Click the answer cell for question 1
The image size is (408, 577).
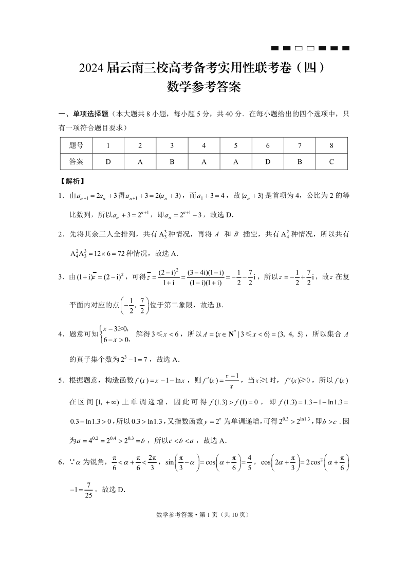[x=108, y=161]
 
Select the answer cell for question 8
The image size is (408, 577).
[x=331, y=161]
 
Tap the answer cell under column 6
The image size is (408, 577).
[x=268, y=161]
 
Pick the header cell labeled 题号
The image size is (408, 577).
[x=76, y=145]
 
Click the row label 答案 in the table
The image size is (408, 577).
[x=76, y=161]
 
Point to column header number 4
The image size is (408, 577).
[x=204, y=145]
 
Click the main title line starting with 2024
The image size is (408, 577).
[x=204, y=68]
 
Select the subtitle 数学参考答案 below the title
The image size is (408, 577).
[x=204, y=87]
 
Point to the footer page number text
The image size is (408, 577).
[x=204, y=514]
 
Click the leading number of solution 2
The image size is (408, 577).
[x=61, y=234]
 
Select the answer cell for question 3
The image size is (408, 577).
[x=172, y=161]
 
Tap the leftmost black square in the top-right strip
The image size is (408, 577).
[x=274, y=48]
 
